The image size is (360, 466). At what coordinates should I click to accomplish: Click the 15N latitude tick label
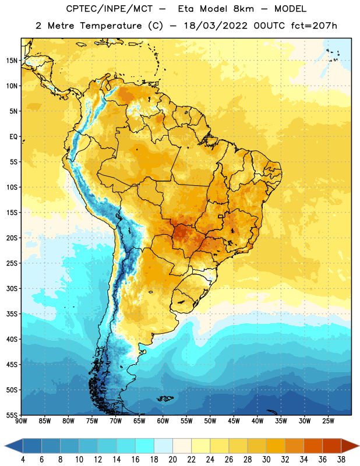coord(12,61)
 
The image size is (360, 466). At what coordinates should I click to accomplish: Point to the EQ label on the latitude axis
coord(13,137)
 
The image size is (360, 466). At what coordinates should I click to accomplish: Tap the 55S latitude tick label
coord(12,415)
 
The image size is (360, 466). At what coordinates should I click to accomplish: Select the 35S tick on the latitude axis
coord(12,314)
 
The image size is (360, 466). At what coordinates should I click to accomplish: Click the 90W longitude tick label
coord(21,421)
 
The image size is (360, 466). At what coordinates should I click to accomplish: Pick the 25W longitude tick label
coord(328,421)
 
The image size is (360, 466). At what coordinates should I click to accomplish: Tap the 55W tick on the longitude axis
coord(186,421)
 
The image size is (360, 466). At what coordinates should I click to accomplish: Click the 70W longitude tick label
coord(116,421)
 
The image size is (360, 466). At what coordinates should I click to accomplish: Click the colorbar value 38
coord(341,460)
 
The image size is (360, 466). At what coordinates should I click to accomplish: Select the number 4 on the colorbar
coord(23,460)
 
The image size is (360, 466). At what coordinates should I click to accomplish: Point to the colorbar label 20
coord(172,460)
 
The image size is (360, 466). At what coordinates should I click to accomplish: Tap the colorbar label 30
coord(266,460)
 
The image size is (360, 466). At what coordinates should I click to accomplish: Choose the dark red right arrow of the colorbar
coord(350,446)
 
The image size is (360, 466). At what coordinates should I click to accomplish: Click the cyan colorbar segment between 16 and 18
coord(145,446)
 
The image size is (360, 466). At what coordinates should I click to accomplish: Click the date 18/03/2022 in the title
coord(216,26)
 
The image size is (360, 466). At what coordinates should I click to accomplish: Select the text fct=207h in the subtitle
coord(314,26)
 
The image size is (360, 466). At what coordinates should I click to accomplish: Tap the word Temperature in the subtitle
coord(111,26)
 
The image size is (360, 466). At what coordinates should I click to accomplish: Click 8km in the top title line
coord(243,9)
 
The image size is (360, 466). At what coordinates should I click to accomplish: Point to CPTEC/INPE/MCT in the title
coord(110,9)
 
